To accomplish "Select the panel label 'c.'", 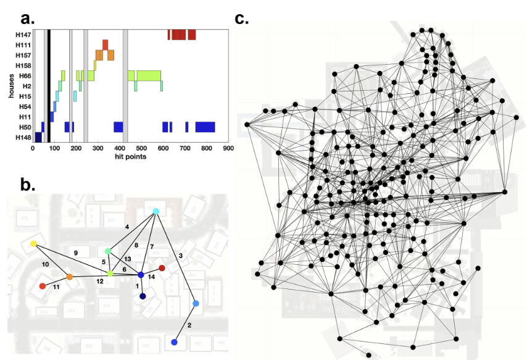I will coord(242,18).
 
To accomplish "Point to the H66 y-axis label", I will coord(25,75).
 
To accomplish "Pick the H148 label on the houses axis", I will coord(23,137).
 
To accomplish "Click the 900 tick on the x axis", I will coord(228,148).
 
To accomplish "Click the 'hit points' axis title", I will coord(130,157).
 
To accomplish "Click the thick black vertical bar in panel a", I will coord(49,86).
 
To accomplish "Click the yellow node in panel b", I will coord(33,244).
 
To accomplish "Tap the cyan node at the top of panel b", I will coord(156,211).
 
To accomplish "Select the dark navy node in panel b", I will coord(143,297).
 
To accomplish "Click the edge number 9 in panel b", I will coord(75,253).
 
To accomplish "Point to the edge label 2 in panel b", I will coord(189,325).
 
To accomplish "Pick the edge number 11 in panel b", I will coord(56,288).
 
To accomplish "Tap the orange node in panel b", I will coord(70,277).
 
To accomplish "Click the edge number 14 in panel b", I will coord(151,277).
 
